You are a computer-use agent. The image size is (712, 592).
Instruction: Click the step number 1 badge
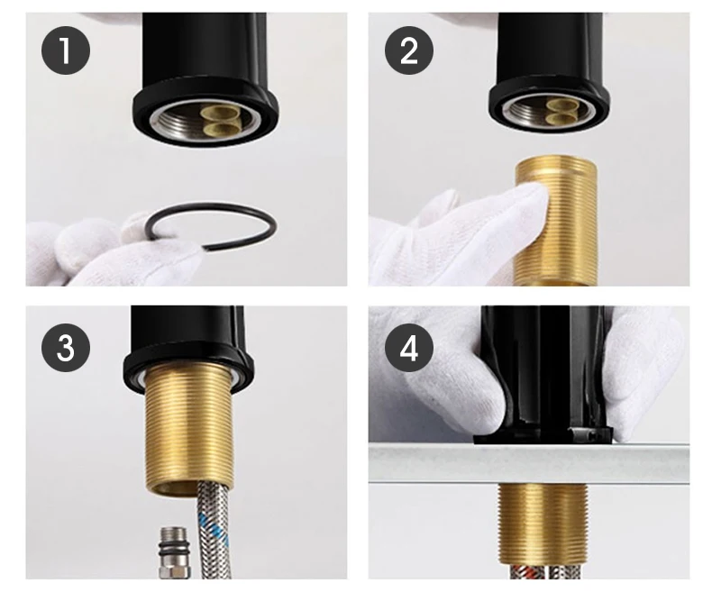pos(66,50)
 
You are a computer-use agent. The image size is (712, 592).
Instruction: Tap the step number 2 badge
pos(408,50)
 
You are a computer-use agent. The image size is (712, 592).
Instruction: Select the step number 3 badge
pos(66,348)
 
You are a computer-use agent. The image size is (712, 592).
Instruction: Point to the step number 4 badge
pos(408,348)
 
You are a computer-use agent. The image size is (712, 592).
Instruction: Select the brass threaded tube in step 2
pos(555,221)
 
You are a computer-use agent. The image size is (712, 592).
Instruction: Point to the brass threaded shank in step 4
pos(543,524)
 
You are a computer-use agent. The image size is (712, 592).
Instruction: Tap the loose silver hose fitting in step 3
pos(173,552)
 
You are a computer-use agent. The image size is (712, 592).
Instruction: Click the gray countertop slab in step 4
pos(528,464)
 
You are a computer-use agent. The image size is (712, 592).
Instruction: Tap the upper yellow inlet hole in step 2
pos(561,105)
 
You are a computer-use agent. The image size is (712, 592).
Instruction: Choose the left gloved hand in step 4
pos(441,377)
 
